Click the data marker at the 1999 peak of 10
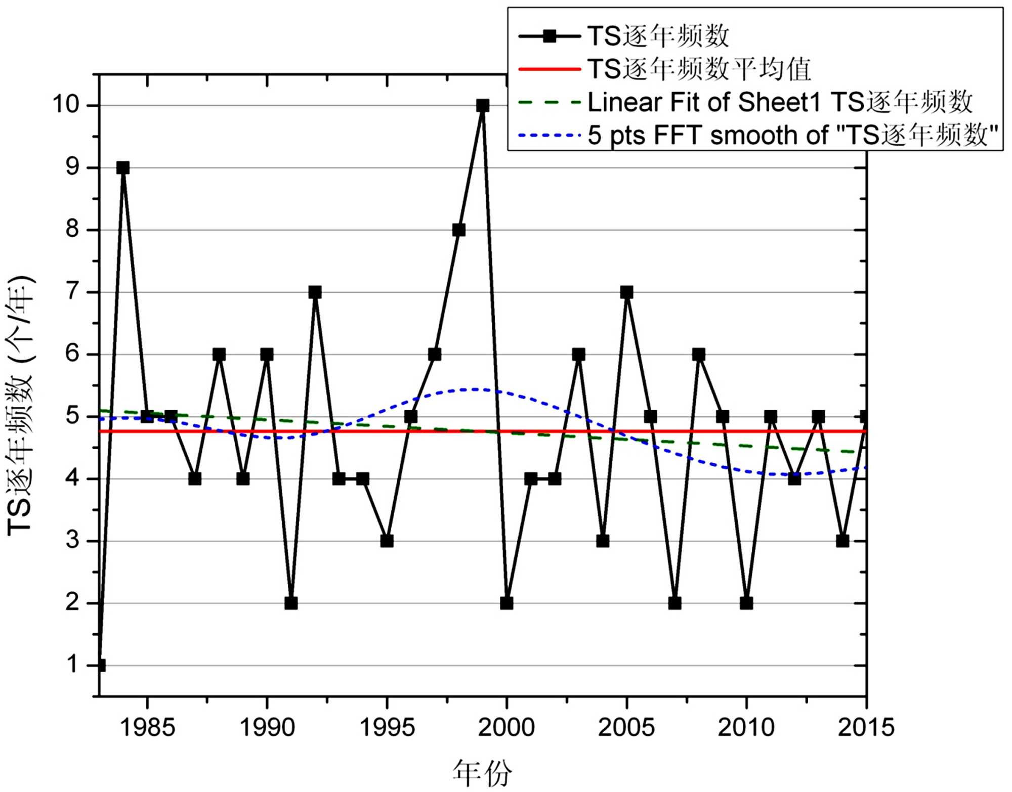(483, 106)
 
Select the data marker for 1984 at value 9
(123, 168)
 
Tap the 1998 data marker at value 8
(459, 230)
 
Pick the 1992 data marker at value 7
(315, 292)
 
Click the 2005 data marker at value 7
(626, 292)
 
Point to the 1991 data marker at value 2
(291, 603)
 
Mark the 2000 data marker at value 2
(507, 603)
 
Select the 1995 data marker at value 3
(387, 541)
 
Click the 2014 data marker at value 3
(842, 541)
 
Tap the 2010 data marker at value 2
(746, 603)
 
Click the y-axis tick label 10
(66, 105)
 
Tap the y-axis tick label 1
(73, 665)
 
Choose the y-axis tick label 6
(73, 354)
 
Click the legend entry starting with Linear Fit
(779, 103)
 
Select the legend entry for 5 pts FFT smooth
(792, 136)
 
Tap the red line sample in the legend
(550, 69)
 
